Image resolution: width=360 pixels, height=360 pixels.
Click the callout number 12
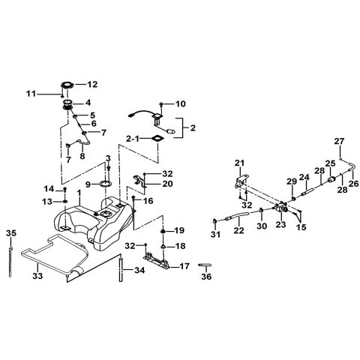[x=92, y=85]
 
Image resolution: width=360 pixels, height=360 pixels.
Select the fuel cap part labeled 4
[x=67, y=104]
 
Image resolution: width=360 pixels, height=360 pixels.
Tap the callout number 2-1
[x=133, y=139]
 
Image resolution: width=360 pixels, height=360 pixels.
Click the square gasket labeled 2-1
[x=157, y=139]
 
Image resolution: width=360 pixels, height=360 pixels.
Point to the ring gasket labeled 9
[x=106, y=184]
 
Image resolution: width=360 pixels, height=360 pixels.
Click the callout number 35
[x=11, y=233]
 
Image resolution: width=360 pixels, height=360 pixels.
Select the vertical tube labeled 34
[x=121, y=268]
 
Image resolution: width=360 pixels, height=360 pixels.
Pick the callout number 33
[x=37, y=276]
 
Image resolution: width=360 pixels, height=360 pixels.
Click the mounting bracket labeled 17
[x=156, y=261]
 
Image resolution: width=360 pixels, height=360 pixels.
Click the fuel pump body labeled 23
[x=281, y=208]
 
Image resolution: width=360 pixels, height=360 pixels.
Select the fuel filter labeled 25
[x=331, y=180]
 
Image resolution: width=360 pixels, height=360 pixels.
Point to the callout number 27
[x=340, y=141]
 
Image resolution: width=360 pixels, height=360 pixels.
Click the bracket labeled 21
[x=241, y=181]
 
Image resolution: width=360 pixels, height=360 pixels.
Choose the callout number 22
[x=238, y=230]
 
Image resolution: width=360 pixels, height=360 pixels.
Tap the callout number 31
[x=215, y=234]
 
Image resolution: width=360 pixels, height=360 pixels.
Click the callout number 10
[x=181, y=103]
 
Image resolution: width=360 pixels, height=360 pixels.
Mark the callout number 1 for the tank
[x=79, y=193]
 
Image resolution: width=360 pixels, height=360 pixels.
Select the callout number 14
[x=49, y=189]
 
